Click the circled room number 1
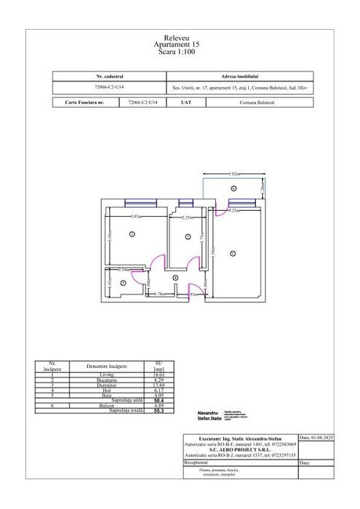point(132,233)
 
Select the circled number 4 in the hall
point(175,278)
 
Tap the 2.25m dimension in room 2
point(185,217)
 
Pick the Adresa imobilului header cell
point(234,76)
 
